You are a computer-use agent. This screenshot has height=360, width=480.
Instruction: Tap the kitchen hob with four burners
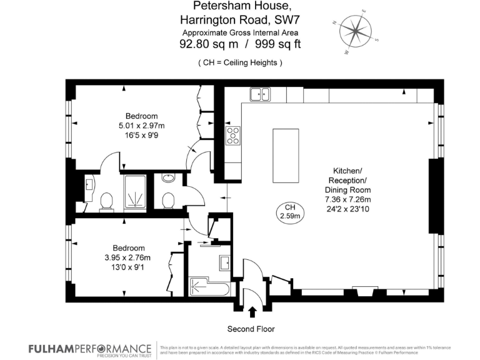tap(232, 136)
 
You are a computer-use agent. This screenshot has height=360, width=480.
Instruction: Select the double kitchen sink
tap(259, 95)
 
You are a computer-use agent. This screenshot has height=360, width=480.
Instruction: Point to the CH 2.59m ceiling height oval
tap(290, 212)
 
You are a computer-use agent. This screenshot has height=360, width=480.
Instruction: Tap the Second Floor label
tap(251, 329)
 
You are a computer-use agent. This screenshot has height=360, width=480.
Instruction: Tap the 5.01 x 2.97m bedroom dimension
tap(141, 126)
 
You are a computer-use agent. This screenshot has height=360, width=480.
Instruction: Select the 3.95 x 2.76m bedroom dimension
tap(128, 257)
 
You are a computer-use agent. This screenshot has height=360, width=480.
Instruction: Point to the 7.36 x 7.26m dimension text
tap(347, 199)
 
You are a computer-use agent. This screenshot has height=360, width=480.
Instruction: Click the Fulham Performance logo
tap(89, 349)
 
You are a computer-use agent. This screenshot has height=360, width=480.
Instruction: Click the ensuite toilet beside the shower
tap(106, 201)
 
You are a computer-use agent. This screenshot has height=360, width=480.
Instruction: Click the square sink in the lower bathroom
tap(224, 263)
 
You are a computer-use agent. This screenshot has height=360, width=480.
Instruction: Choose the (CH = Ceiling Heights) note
tap(240, 62)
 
